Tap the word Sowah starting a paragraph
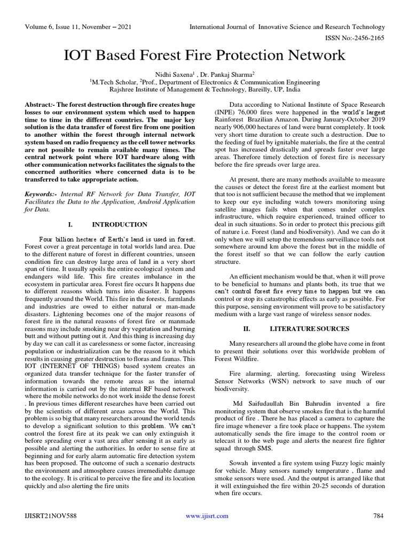[x=240, y=462]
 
